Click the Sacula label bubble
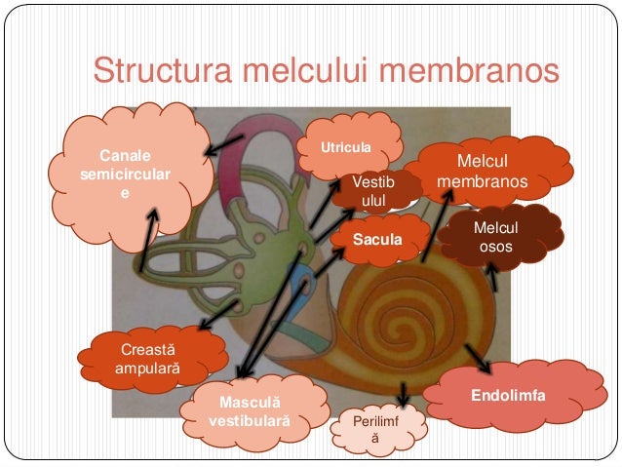[x=377, y=236]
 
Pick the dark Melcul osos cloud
[x=494, y=238]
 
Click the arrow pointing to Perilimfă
[x=404, y=392]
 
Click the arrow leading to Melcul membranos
[x=436, y=225]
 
